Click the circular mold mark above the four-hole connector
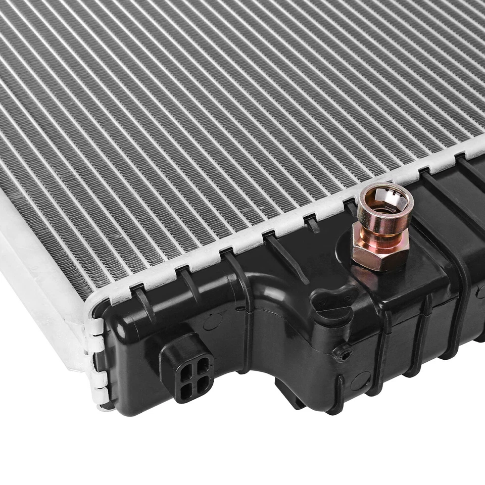[x=213, y=321]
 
